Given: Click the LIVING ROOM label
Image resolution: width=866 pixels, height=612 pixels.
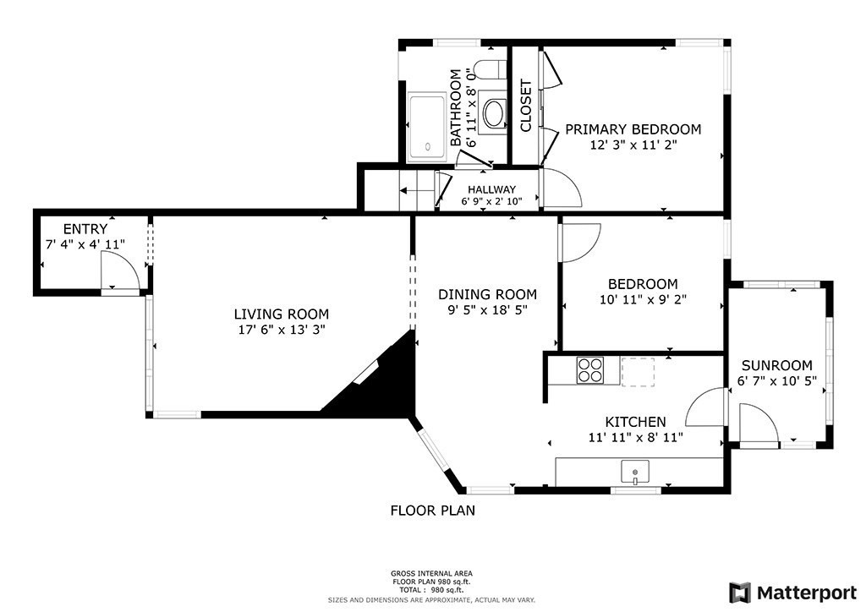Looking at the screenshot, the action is tap(281, 314).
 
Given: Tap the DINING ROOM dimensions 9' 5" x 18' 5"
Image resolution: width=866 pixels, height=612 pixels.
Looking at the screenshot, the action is tap(487, 310).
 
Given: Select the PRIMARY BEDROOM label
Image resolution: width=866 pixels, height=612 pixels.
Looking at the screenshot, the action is tap(633, 129).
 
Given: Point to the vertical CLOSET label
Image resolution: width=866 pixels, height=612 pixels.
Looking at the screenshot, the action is tap(525, 106).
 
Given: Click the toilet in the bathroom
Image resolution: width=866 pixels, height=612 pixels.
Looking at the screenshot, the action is tap(490, 69).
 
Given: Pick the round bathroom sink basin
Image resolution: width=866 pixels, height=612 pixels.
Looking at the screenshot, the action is tap(493, 113).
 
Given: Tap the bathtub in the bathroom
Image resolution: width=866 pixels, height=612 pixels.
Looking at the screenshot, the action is tap(426, 128).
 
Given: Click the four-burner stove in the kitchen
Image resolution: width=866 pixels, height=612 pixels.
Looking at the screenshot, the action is tap(589, 370).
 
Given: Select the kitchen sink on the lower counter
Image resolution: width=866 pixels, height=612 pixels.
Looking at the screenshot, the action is tap(635, 472).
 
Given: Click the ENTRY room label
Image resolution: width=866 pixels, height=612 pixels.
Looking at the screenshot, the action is tap(85, 229).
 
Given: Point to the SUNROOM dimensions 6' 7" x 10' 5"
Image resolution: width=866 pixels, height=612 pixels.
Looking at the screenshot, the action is tap(777, 380).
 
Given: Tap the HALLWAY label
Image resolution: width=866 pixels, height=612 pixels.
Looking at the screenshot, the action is tap(491, 189).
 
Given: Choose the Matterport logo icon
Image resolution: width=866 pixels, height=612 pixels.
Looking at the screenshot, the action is tap(740, 593).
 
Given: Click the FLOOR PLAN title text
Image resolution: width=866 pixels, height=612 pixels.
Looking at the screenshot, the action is tap(432, 511).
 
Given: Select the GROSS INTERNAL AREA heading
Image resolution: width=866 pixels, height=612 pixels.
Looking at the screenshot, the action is tap(431, 573).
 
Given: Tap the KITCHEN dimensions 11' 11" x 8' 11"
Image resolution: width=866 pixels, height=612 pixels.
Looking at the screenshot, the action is tap(636, 438).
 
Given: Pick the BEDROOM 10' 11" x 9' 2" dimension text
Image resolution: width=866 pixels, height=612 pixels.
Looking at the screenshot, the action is tap(643, 299).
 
